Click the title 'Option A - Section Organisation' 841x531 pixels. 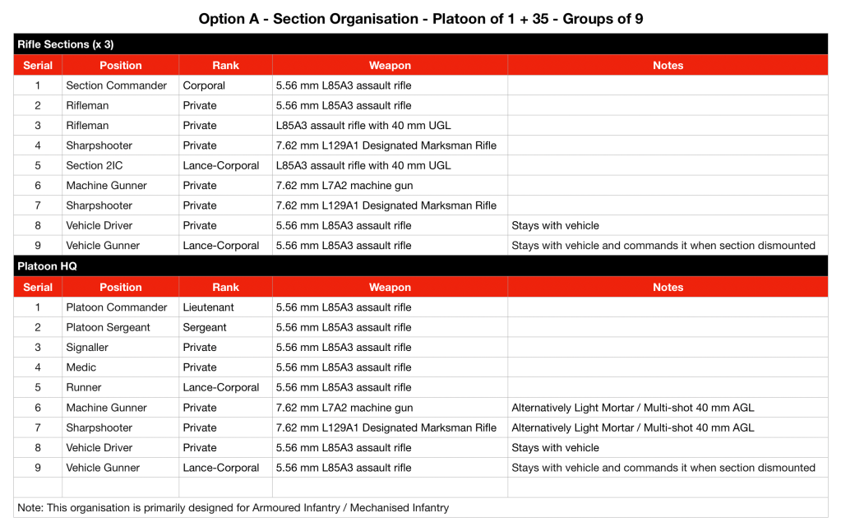tap(420, 18)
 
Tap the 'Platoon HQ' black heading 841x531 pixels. tap(46, 266)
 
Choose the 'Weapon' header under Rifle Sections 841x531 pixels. tap(390, 66)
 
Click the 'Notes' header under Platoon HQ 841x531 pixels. tap(668, 288)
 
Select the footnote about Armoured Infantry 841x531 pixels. tap(233, 508)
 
